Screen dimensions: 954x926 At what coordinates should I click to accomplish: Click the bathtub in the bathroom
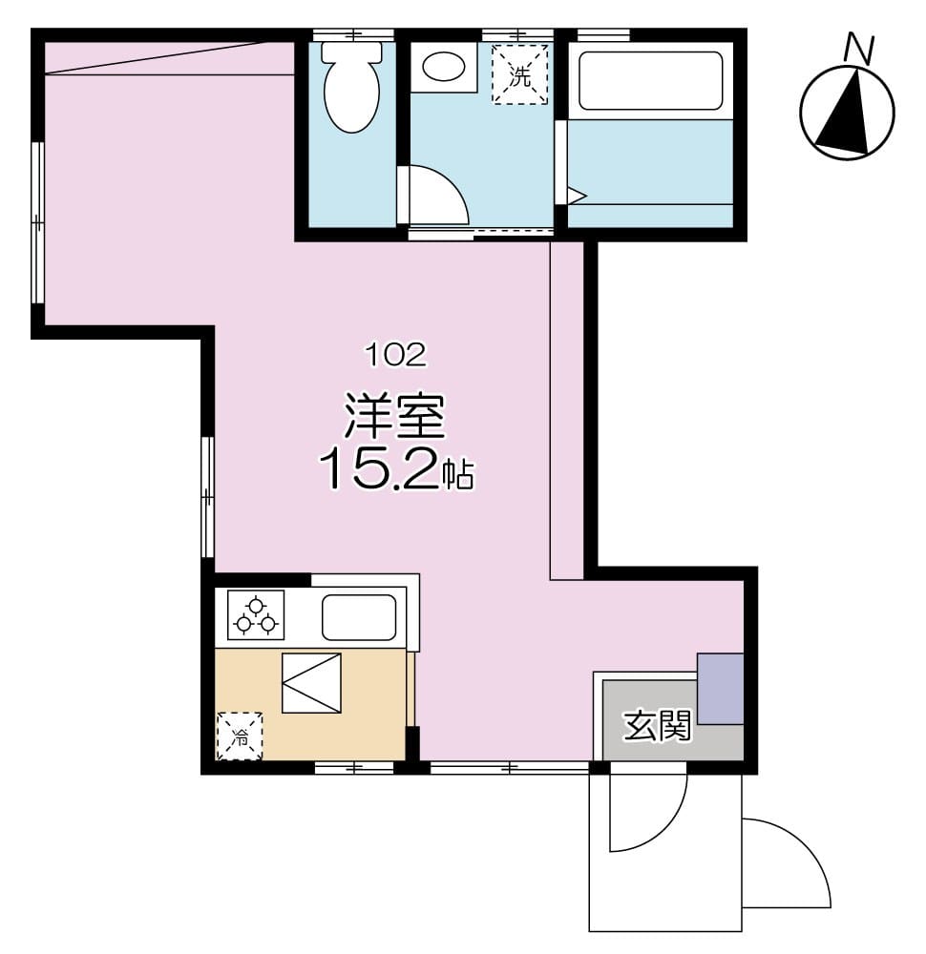click(x=651, y=81)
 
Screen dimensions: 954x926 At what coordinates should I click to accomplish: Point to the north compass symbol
click(x=847, y=113)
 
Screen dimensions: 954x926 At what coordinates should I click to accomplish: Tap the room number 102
click(x=394, y=356)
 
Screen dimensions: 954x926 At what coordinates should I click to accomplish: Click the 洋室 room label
click(x=395, y=418)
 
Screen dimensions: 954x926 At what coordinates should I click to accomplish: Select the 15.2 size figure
click(x=379, y=469)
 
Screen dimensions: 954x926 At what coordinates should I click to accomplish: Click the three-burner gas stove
click(x=256, y=615)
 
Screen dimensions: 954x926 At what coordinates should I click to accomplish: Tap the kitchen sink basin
click(x=359, y=617)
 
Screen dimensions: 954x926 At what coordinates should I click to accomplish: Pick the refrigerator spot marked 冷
click(x=240, y=736)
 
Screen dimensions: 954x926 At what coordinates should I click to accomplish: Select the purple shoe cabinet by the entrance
click(x=720, y=689)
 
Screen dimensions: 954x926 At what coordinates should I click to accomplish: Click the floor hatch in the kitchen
click(x=311, y=682)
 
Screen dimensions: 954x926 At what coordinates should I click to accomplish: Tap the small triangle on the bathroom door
click(x=576, y=196)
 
